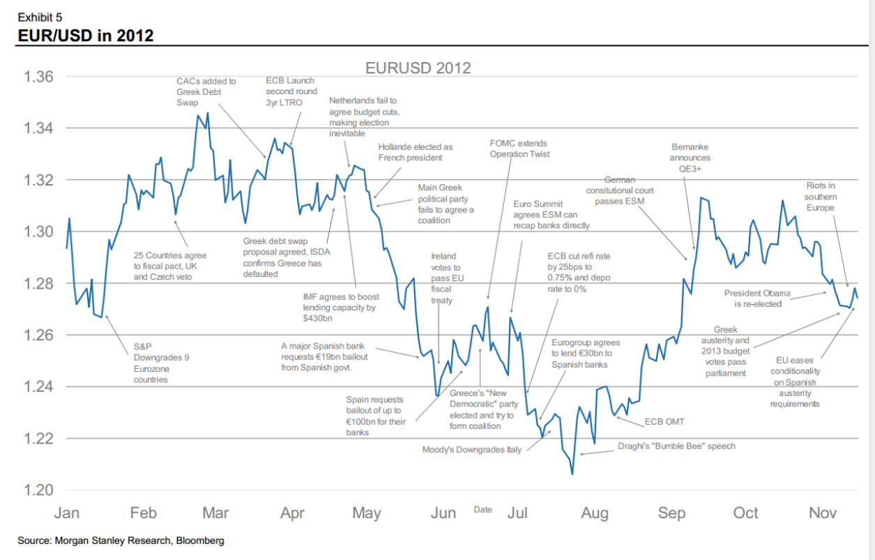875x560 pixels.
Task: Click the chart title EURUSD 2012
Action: (x=418, y=68)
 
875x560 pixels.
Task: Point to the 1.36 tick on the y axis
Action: (x=38, y=77)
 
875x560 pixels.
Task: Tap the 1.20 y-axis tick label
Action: (x=38, y=490)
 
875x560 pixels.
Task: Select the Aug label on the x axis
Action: (x=594, y=514)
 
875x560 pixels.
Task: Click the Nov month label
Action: (x=823, y=514)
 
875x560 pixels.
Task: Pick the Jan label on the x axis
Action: (x=67, y=514)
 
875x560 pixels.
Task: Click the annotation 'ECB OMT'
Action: (x=664, y=422)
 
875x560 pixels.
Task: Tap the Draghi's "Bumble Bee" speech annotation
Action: (x=676, y=446)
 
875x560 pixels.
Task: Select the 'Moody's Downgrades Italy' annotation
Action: (x=471, y=450)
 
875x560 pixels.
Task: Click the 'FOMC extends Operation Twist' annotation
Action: (x=519, y=149)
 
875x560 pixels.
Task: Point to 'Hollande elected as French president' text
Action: (x=415, y=152)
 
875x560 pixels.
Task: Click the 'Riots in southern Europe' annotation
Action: (x=820, y=197)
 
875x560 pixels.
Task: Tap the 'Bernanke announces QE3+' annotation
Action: (x=690, y=158)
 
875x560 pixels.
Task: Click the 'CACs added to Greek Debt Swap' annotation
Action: (x=206, y=91)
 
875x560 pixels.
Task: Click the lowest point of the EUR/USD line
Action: (x=572, y=474)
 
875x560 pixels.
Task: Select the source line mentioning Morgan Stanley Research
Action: (x=121, y=540)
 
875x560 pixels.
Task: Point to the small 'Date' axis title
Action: (x=482, y=510)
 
